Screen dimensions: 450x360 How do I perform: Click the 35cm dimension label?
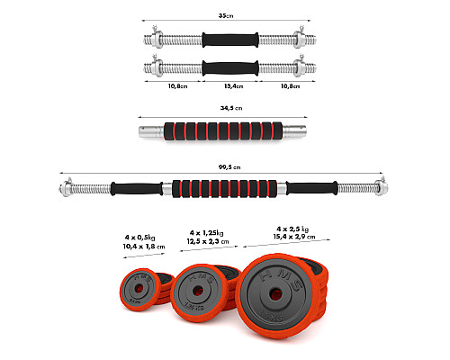pos(226,15)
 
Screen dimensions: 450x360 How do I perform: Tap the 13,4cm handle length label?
pos(234,86)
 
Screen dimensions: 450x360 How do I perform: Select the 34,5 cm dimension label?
pos(231,108)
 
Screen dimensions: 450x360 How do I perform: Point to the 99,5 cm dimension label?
pos(229,167)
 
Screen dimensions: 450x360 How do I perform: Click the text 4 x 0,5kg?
pos(140,238)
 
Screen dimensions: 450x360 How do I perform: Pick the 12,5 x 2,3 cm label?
pos(208,241)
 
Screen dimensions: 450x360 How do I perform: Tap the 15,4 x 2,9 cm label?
pos(294,237)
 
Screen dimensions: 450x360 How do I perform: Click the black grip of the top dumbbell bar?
pos(230,40)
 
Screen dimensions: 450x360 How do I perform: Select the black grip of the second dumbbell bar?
pos(230,68)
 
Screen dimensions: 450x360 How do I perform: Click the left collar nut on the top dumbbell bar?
pos(157,39)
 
